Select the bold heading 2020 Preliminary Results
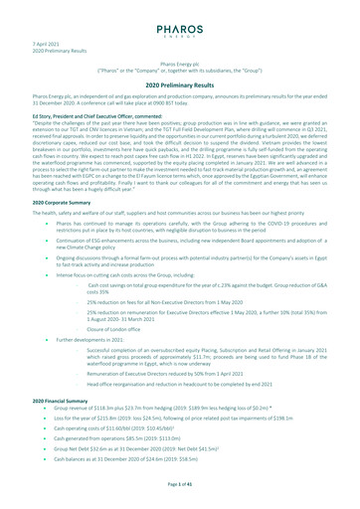click(180, 87)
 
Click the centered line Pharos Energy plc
click(180, 62)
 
